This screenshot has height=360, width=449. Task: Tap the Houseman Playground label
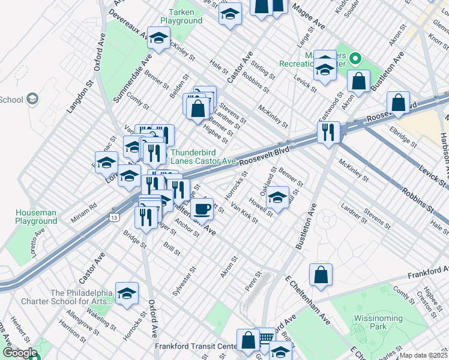point(36,217)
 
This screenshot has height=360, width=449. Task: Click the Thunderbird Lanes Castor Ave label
point(203,157)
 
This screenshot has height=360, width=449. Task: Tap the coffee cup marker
point(203,209)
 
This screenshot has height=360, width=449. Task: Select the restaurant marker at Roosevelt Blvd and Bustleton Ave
point(328,133)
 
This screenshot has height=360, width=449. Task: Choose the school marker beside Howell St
point(277,199)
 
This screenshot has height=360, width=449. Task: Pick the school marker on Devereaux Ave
point(158,39)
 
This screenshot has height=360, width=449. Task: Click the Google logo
point(19,353)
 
